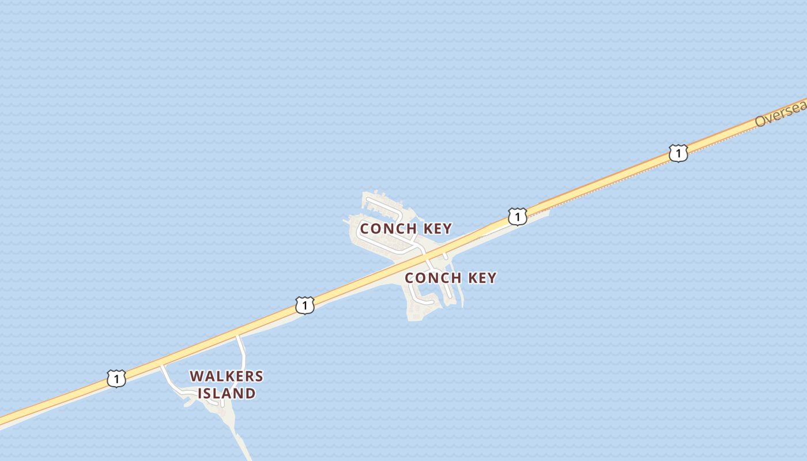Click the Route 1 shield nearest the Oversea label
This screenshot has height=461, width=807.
click(x=678, y=153)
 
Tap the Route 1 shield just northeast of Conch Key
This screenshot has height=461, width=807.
click(x=518, y=217)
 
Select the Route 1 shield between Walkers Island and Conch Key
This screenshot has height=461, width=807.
click(x=305, y=305)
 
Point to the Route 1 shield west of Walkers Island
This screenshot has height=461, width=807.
click(x=116, y=379)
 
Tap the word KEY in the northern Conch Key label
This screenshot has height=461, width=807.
click(x=438, y=229)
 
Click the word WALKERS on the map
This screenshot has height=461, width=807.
click(x=227, y=376)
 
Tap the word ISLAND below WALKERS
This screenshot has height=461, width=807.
click(x=227, y=394)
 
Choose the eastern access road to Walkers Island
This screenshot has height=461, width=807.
click(x=241, y=352)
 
